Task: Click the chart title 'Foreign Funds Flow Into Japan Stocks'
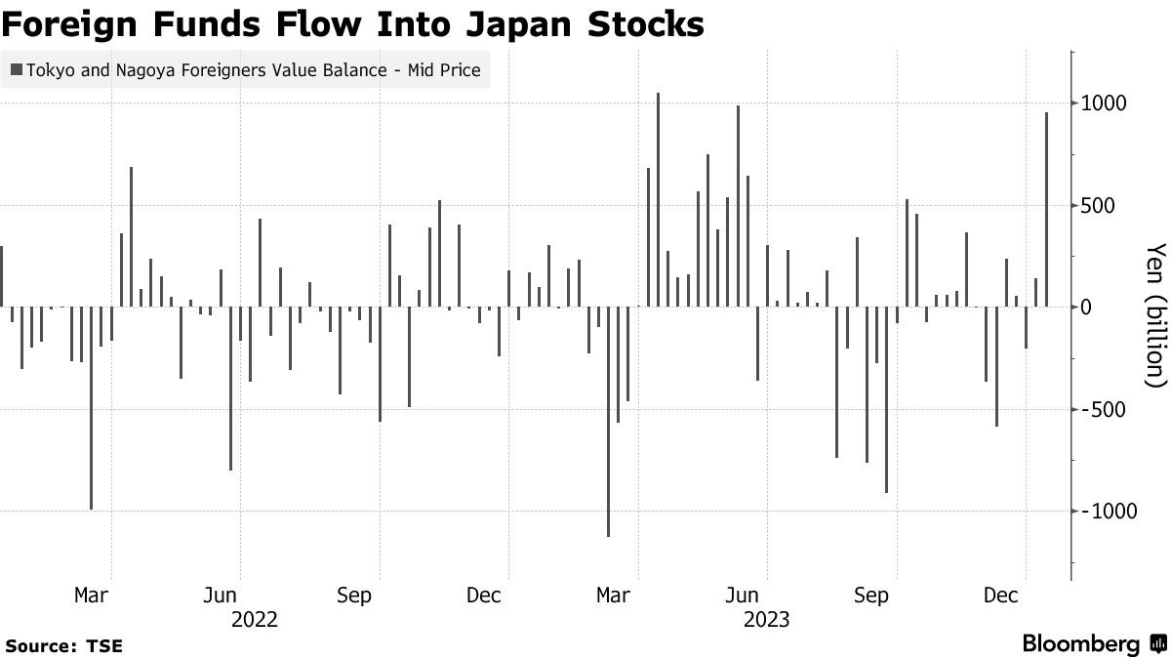point(352,23)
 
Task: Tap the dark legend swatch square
point(16,69)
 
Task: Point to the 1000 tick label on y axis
point(1104,103)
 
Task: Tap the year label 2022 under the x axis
point(254,619)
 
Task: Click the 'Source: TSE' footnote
point(64,646)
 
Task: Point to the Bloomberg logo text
point(1081,644)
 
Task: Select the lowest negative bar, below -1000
point(608,421)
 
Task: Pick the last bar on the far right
point(1046,209)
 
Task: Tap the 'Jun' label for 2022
point(221,596)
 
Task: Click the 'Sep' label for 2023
point(871,596)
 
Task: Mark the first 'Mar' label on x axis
point(92,596)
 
